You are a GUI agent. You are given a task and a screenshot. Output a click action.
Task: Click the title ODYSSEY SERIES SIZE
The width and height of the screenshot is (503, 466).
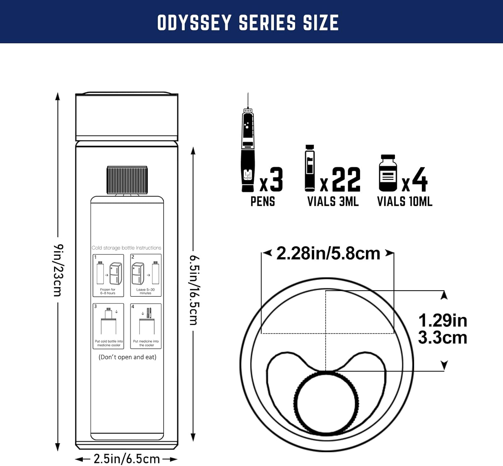click(x=248, y=23)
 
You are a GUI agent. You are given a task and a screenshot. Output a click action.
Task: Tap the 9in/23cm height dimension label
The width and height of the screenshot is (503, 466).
click(x=58, y=270)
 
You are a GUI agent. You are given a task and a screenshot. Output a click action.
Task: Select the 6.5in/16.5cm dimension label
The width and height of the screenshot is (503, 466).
click(x=194, y=290)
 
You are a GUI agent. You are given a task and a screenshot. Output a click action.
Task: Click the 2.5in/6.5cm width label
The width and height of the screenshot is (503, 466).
click(x=126, y=459)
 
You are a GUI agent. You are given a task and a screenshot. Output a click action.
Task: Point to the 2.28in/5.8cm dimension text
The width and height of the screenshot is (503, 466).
click(x=328, y=253)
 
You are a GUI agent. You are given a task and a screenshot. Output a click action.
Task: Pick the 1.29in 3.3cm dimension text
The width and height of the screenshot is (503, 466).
click(x=442, y=329)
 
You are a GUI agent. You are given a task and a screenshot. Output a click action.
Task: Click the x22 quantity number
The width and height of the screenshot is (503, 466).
click(x=346, y=180)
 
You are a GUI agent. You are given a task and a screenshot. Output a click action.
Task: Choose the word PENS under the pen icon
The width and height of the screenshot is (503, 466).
click(x=263, y=201)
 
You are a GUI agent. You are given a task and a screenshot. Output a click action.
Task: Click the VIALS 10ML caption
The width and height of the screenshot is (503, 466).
click(x=404, y=201)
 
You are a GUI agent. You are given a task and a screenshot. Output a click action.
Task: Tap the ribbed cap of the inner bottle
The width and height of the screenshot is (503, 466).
click(x=127, y=180)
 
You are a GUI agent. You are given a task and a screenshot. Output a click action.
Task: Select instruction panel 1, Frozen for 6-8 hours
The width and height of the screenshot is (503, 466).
click(x=108, y=275)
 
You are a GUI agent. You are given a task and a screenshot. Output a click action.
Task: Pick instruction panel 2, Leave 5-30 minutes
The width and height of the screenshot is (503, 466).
click(x=146, y=275)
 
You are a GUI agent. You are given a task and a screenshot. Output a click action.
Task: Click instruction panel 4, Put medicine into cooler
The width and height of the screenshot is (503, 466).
click(x=146, y=326)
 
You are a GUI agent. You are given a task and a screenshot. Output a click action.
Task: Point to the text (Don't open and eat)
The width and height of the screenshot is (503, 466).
click(x=127, y=357)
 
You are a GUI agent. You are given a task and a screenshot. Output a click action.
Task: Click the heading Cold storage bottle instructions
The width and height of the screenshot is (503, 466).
click(x=126, y=248)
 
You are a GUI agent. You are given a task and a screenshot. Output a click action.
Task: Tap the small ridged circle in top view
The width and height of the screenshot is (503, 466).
click(x=326, y=403)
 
